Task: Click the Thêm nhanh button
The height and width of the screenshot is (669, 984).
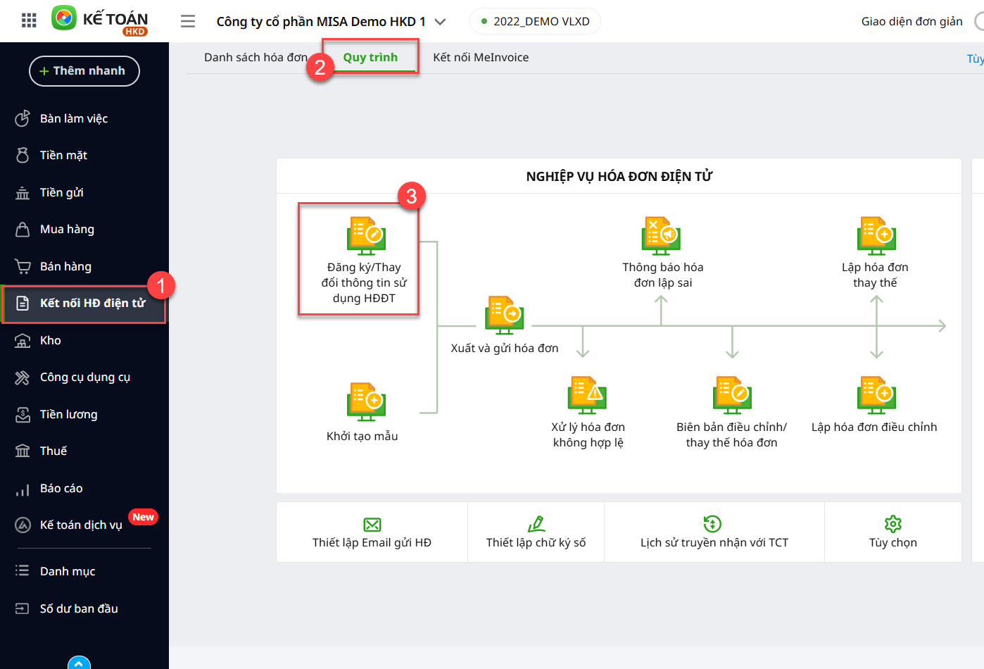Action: (x=84, y=71)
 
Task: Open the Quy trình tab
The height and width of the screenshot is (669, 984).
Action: (x=370, y=58)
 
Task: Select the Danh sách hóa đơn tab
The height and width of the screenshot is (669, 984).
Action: (x=256, y=58)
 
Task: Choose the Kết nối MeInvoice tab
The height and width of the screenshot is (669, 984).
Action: (x=481, y=58)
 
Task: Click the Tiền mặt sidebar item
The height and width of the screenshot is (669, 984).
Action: (x=63, y=156)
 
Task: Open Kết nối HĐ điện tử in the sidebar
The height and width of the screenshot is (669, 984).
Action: (x=92, y=304)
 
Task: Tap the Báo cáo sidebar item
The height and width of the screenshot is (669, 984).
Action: (x=61, y=489)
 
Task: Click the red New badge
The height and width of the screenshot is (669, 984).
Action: (x=143, y=517)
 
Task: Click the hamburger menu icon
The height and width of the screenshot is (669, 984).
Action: (x=188, y=22)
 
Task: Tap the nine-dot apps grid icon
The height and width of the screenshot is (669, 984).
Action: (x=29, y=20)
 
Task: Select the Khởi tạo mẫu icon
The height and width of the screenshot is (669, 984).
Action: (x=366, y=401)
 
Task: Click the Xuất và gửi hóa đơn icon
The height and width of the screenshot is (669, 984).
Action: (x=505, y=315)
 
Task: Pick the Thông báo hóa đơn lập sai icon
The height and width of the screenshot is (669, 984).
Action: (x=661, y=236)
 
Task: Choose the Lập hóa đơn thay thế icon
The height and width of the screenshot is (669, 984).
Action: (x=876, y=236)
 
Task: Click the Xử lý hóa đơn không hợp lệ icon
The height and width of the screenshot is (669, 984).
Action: (x=587, y=395)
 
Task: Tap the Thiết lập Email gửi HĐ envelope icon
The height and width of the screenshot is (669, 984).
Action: (x=372, y=525)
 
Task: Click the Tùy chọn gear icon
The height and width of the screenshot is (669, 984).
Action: (x=893, y=524)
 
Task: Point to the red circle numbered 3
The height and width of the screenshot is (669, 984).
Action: (x=412, y=196)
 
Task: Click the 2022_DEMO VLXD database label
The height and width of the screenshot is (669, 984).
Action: (x=541, y=22)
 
